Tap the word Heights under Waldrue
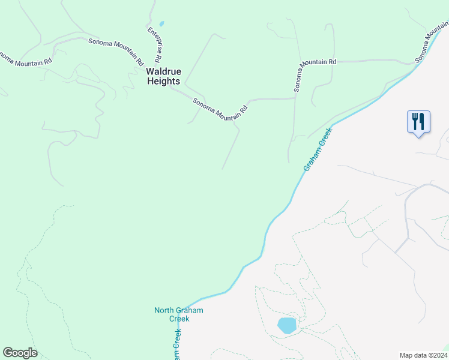tap(164, 81)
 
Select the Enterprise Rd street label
tap(154, 44)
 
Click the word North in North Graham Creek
tap(165, 310)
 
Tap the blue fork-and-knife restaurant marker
tap(418, 122)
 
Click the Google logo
tap(20, 353)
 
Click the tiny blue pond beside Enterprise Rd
tap(161, 24)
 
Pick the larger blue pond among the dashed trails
tap(287, 326)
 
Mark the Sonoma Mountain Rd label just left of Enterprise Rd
tap(116, 52)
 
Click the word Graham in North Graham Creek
tap(190, 310)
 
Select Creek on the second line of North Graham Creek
tap(179, 319)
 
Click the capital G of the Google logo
tap(8, 353)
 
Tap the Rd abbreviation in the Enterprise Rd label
tap(158, 59)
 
